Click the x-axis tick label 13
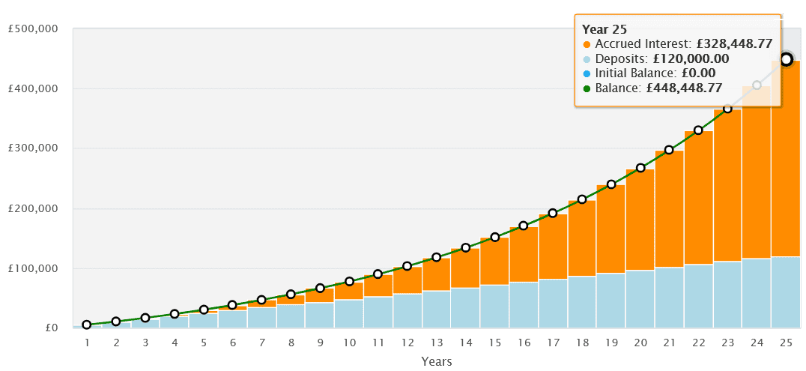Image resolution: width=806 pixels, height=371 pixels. coord(436,343)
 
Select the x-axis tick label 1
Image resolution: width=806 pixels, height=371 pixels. coord(87,343)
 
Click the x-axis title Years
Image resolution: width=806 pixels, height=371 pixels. coord(436,361)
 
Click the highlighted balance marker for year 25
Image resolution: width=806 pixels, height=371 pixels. coord(787,59)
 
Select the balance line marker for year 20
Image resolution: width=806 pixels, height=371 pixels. coord(640,168)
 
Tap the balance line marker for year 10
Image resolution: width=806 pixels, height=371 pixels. coord(349,282)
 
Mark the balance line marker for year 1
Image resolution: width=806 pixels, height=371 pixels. coord(87,325)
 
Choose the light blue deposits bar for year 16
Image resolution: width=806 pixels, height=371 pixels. coord(524,305)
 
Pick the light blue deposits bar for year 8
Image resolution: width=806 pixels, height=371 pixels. coord(291,316)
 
